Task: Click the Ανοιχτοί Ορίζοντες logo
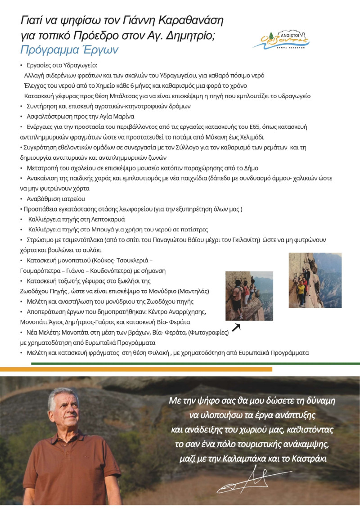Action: click(x=281, y=40)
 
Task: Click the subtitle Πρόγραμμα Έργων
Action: click(x=69, y=50)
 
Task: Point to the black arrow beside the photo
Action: click(x=235, y=327)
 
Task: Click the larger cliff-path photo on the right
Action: click(x=315, y=280)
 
